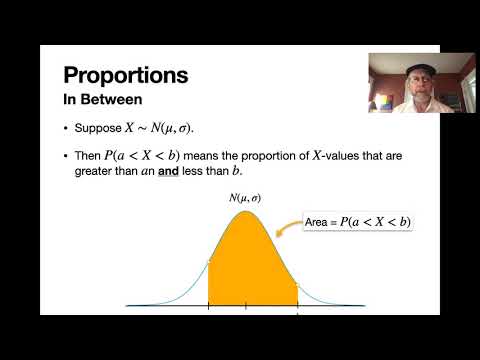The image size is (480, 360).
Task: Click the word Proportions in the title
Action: [x=125, y=75]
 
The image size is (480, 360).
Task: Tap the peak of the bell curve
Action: [x=245, y=210]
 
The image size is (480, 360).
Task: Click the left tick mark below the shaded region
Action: [x=208, y=304]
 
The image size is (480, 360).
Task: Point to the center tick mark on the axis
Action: [x=246, y=304]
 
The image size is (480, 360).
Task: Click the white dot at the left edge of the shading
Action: [x=208, y=263]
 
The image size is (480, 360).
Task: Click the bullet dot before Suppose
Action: [x=66, y=129]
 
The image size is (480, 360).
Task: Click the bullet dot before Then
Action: [x=66, y=155]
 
